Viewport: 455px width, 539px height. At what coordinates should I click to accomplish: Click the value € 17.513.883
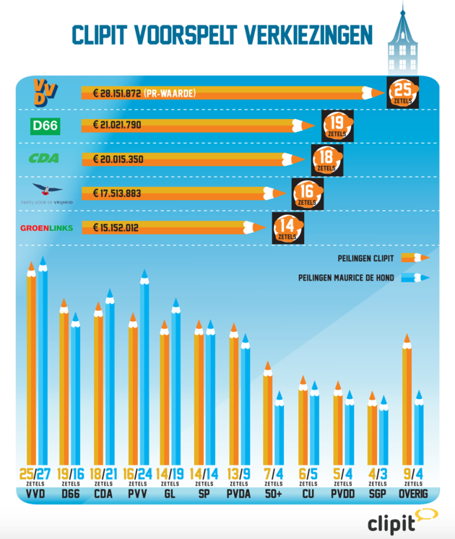click(116, 193)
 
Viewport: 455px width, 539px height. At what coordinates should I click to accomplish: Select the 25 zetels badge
click(402, 92)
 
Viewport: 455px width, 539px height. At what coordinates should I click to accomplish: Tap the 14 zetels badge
click(286, 228)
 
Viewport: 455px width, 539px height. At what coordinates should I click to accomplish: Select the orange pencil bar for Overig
click(407, 404)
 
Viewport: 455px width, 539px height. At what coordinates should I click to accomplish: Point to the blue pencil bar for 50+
click(279, 433)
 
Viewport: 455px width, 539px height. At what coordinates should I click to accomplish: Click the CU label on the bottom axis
click(308, 495)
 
